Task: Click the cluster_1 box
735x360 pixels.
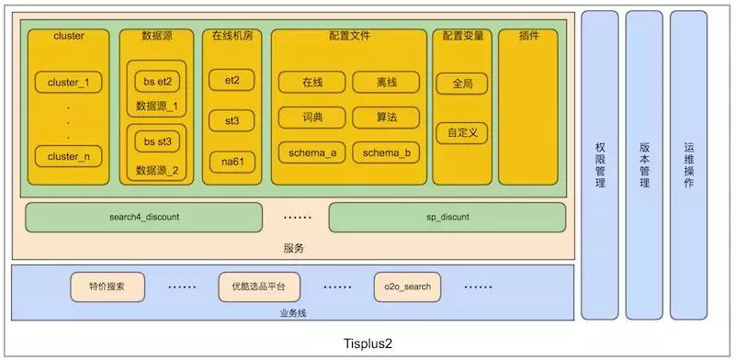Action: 69,83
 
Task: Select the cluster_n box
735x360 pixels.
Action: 69,156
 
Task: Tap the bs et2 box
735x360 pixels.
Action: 157,81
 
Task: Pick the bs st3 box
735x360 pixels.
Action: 157,142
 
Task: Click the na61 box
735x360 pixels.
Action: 232,162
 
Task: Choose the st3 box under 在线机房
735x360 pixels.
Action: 232,120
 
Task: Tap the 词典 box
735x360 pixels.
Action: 312,118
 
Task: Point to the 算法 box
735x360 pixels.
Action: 386,118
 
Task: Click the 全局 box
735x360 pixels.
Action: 462,84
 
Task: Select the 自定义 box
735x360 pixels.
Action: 462,133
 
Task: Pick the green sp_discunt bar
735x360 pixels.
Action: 447,218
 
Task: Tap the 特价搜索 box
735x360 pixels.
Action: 107,287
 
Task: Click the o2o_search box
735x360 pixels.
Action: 409,287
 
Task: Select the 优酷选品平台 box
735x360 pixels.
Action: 258,287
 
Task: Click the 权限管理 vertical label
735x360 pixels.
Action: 600,165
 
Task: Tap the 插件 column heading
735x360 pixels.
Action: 528,36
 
